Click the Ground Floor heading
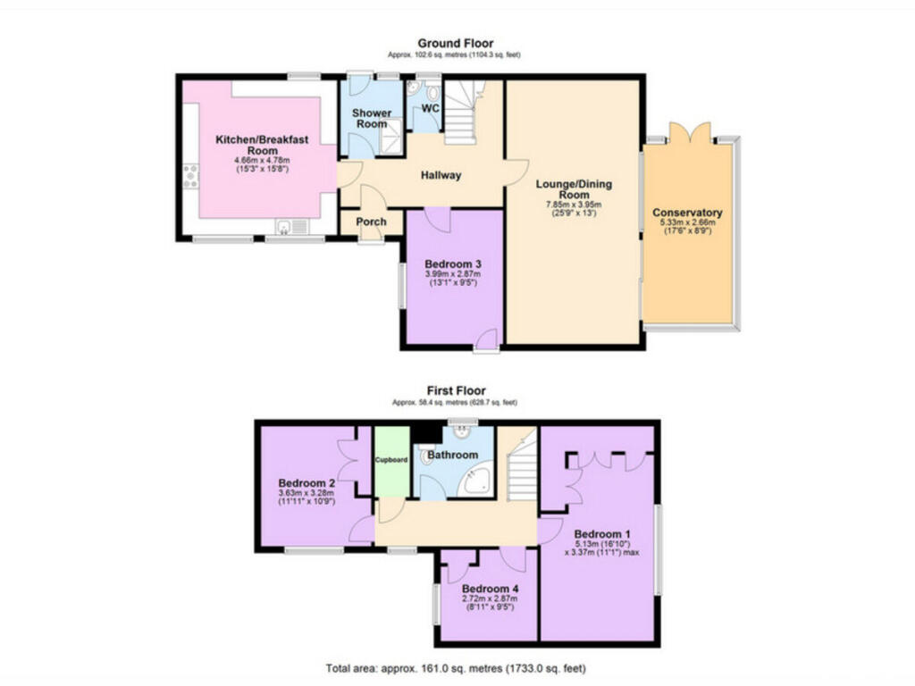pos(455,43)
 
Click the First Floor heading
pos(455,390)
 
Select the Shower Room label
pos(371,119)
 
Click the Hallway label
pos(441,175)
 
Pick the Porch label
pos(372,222)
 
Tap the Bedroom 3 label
pos(453,264)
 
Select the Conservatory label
pos(687,213)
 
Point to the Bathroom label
pos(452,455)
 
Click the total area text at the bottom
pos(457,668)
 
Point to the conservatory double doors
pos(689,131)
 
